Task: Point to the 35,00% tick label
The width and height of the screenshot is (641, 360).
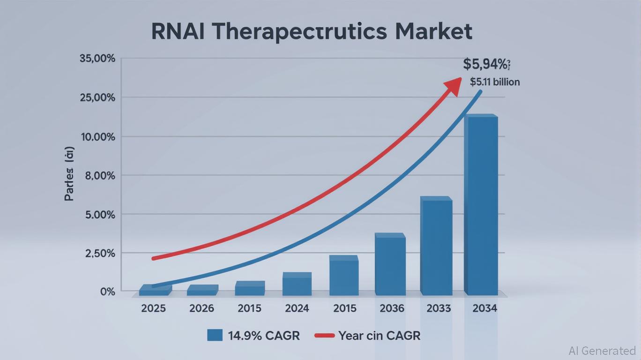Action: coord(97,59)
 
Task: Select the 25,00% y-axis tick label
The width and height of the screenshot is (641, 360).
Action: coord(97,98)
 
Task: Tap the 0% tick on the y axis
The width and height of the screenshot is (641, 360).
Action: coord(107,292)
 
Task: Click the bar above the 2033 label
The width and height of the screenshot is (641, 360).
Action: coord(436,247)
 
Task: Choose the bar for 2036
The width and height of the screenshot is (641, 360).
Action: coord(390,265)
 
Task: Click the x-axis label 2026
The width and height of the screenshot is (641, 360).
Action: coord(201,308)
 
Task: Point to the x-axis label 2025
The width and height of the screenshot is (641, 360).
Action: coord(154,308)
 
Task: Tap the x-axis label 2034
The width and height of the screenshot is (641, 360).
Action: coord(484,308)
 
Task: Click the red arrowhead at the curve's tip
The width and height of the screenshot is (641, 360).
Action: coord(454,86)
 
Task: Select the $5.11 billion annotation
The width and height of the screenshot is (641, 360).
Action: coord(495,82)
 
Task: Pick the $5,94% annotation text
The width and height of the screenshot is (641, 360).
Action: coord(486,64)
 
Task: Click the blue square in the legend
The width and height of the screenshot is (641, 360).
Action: coord(215,335)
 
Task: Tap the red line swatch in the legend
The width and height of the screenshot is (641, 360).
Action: coord(324,336)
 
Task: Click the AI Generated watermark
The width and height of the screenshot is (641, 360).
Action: coord(602,351)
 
